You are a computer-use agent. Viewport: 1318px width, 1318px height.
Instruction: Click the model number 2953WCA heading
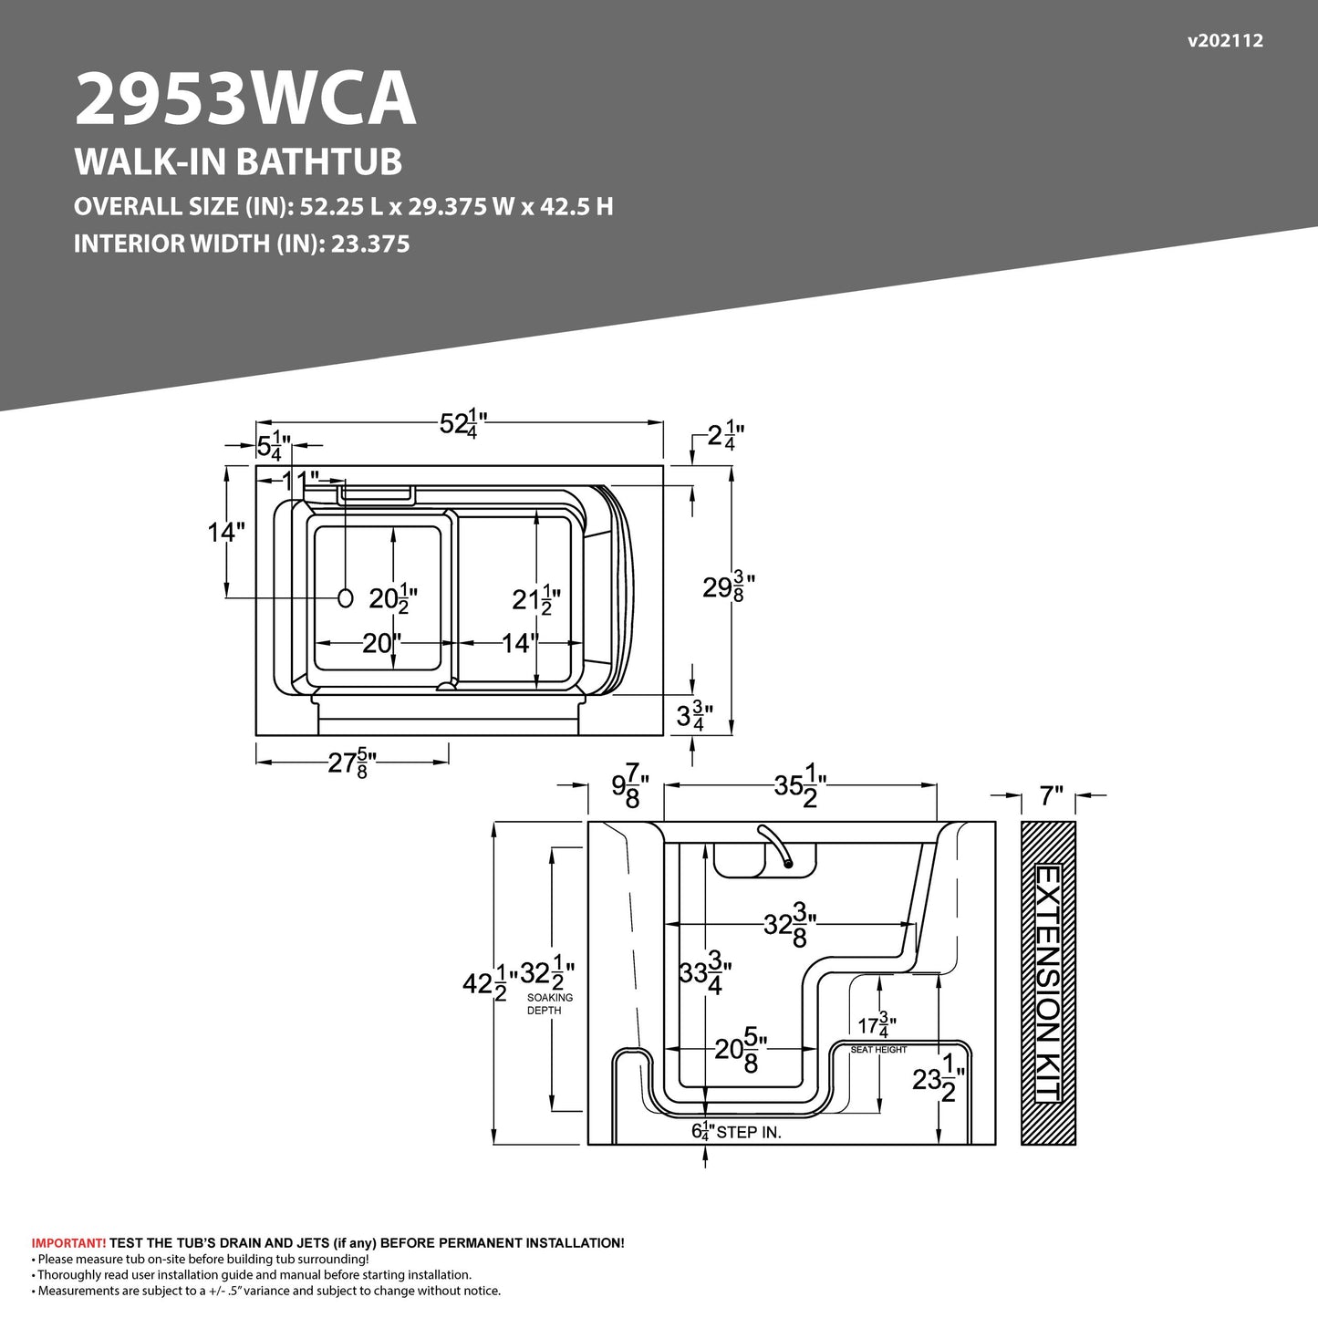(244, 99)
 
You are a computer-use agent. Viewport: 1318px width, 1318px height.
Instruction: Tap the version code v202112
(1225, 40)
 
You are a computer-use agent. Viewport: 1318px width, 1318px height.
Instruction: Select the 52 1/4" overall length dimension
(463, 423)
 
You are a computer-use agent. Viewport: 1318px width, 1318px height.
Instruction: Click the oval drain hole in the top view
(345, 598)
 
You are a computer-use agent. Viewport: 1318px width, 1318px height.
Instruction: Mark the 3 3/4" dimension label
(693, 717)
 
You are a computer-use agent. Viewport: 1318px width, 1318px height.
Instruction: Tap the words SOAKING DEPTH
(550, 1004)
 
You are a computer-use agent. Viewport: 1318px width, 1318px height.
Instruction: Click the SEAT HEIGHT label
(878, 1050)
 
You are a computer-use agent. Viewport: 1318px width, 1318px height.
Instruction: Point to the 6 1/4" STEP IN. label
(735, 1132)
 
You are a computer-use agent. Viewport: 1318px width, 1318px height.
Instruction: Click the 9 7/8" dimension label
(629, 786)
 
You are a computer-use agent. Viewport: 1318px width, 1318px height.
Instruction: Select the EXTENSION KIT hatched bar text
(1048, 983)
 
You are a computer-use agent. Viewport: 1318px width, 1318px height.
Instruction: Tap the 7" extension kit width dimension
(1052, 797)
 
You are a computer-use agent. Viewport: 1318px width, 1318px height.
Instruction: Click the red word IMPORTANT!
(68, 1243)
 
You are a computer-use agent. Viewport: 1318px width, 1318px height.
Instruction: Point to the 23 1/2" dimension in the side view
(938, 1079)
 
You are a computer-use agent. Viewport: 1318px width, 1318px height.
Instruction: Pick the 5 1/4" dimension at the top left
(273, 446)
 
